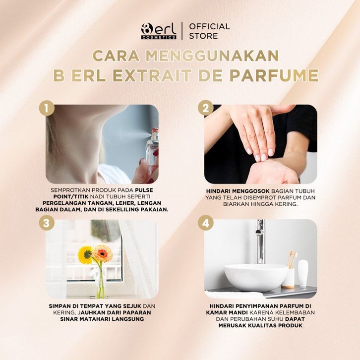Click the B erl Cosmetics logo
[159, 31]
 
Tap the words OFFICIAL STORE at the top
[209, 31]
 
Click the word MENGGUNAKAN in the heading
[212, 56]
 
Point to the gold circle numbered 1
[47, 108]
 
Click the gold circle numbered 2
[205, 108]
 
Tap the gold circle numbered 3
[47, 223]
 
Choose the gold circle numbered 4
[205, 223]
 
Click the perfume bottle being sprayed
[153, 149]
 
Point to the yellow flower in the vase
[85, 255]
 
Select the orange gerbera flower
[103, 253]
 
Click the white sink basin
[256, 277]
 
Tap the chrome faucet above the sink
[260, 241]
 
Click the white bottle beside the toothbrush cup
[303, 273]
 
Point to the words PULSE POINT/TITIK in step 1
[103, 193]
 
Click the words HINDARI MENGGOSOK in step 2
[238, 191]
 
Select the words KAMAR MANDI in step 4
[227, 312]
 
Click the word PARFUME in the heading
[274, 75]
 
